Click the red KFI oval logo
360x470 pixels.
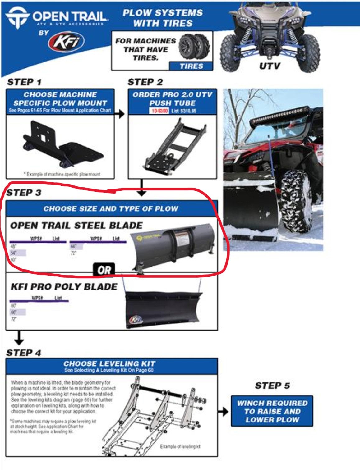66,42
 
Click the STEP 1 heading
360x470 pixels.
24,82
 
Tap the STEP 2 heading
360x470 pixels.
145,82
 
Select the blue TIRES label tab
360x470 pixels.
191,66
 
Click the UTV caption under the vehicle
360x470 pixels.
270,66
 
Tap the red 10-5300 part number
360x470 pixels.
159,111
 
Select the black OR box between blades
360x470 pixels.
104,270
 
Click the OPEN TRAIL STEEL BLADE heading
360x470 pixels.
76,226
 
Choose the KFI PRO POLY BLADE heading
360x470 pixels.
64,287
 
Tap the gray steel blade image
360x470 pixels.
173,249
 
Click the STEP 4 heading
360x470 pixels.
24,353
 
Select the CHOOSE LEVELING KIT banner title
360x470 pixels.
109,363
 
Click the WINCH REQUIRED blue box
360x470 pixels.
272,411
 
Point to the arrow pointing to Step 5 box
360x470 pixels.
223,412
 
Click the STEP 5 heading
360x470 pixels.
272,386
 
